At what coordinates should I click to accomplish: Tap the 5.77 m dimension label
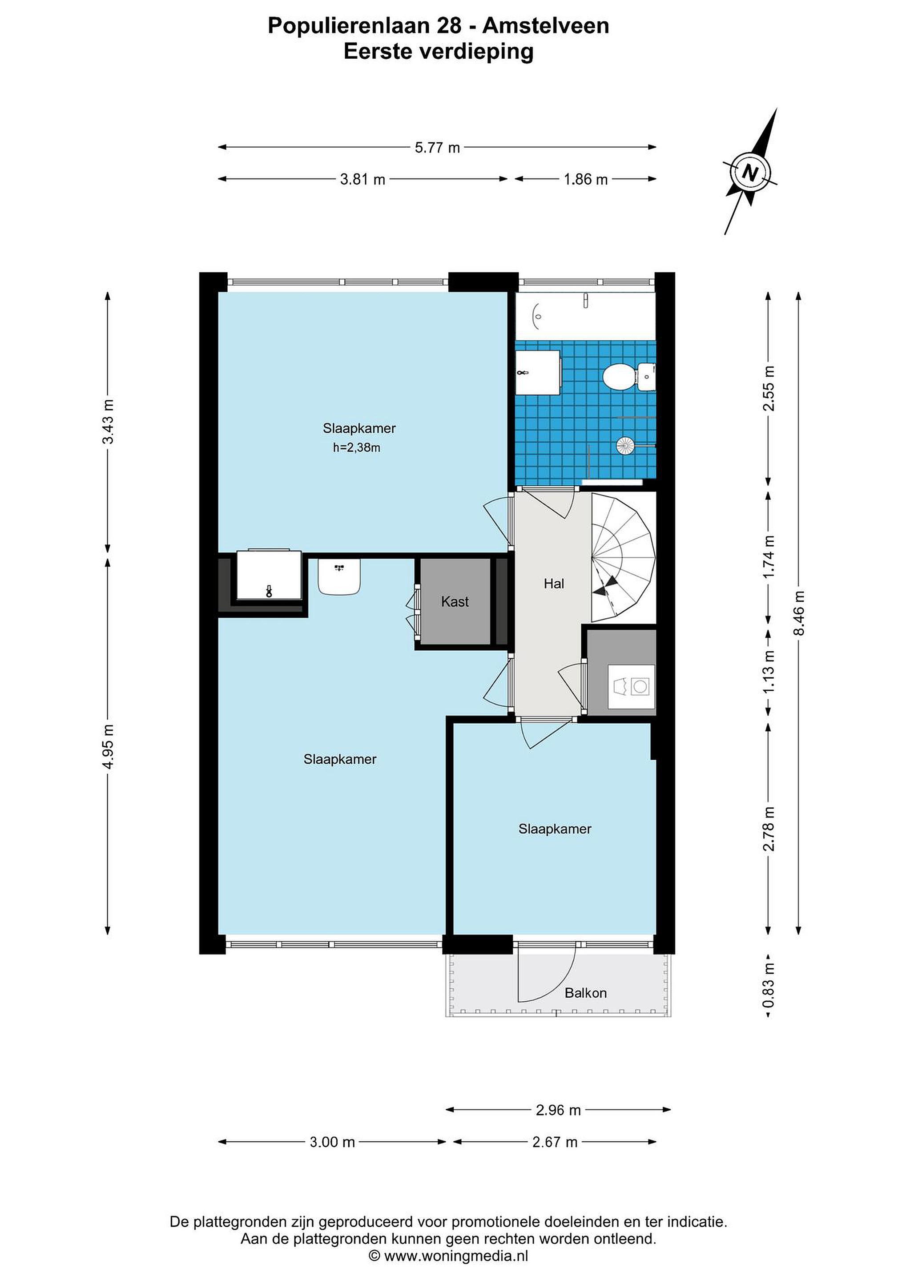coord(437,148)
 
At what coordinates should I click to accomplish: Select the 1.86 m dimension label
coord(586,180)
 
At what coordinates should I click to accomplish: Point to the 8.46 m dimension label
coord(799,612)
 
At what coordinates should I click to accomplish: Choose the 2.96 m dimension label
coord(559,1110)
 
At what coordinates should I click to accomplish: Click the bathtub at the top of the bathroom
coord(585,315)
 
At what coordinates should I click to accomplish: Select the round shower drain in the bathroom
coord(625,445)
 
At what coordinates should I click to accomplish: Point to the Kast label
coord(455,601)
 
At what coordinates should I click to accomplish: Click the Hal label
coord(554,584)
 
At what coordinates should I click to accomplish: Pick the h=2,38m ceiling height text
coord(357,447)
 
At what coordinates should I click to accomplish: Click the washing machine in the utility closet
coord(632,686)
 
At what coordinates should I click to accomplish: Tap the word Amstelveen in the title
coord(546,26)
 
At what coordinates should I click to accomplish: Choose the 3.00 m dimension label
coord(333,1142)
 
